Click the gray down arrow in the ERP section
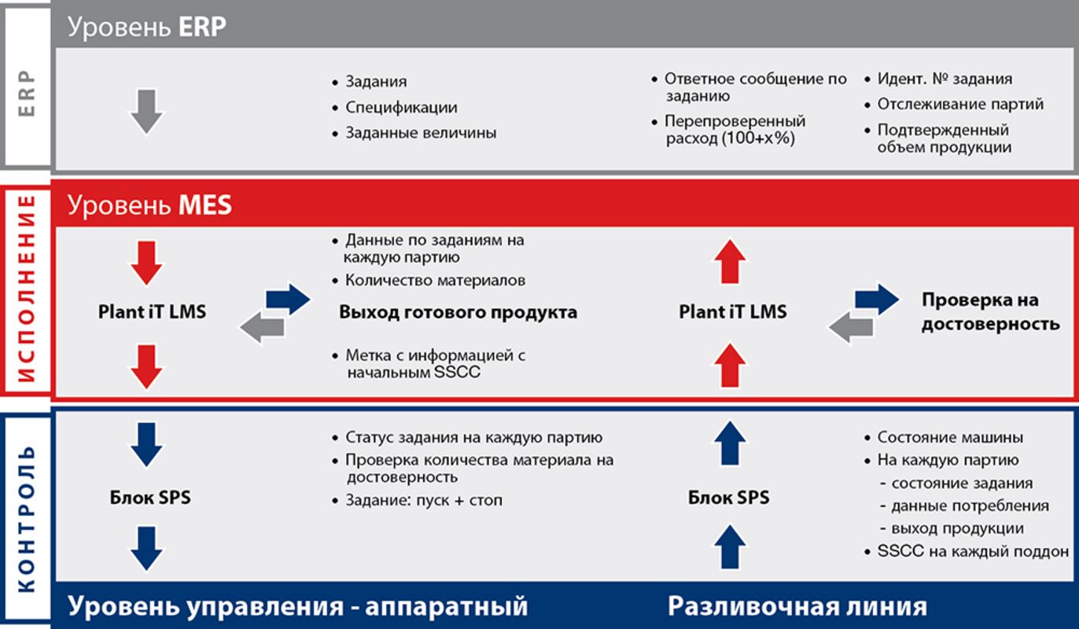click(146, 112)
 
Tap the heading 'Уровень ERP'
click(147, 27)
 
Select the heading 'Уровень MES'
click(149, 204)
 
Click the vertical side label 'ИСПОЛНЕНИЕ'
click(27, 288)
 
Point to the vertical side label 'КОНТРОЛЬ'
click(27, 519)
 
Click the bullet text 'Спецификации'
click(401, 108)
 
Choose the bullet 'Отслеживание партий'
click(960, 104)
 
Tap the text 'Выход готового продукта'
click(458, 312)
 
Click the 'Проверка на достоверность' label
click(990, 311)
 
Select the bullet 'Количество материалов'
click(435, 280)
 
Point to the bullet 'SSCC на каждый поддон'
click(973, 551)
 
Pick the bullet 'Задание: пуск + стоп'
click(424, 500)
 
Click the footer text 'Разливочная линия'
click(797, 606)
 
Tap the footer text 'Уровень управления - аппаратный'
click(298, 606)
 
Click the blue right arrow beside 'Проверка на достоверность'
click(877, 299)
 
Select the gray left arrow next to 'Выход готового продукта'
click(263, 328)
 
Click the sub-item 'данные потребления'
click(970, 506)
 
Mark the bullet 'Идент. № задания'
click(945, 79)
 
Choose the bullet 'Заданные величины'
click(421, 132)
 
